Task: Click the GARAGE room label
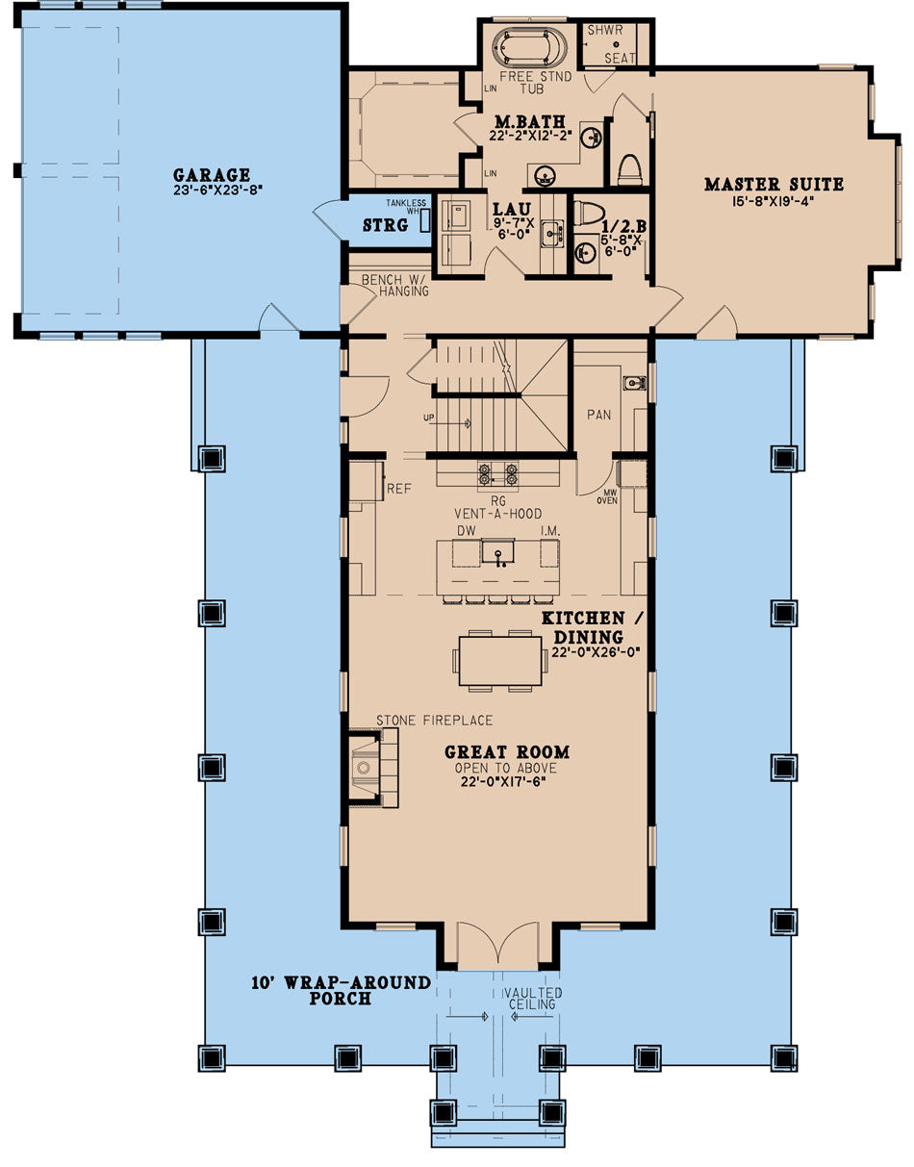212,175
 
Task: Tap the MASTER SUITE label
774,184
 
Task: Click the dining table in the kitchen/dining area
499,660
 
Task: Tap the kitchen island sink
498,551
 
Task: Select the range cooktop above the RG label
498,473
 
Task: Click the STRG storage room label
385,226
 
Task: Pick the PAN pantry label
599,415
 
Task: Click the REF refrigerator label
398,489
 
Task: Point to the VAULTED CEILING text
537,999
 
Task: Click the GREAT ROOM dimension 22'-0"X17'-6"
506,782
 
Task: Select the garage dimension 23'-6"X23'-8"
212,190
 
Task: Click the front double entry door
497,948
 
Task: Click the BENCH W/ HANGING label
394,285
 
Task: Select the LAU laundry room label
506,208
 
